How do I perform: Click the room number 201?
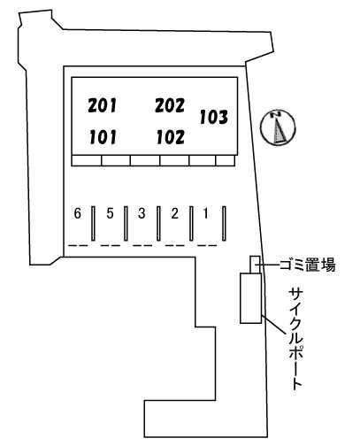[103, 105]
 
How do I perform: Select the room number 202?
[170, 105]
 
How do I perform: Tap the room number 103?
[214, 117]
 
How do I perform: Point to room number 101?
[103, 137]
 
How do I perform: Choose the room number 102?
[171, 137]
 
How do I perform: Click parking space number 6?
[77, 213]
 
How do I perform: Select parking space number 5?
[110, 213]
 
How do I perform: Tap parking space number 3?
[142, 213]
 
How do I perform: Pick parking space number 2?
[175, 213]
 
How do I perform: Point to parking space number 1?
[206, 213]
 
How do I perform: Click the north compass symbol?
[278, 127]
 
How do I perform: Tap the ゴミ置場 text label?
[307, 265]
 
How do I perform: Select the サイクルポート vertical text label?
[295, 339]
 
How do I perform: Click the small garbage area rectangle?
[255, 265]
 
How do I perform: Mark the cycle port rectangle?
[250, 298]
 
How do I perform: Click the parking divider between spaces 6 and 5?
[93, 223]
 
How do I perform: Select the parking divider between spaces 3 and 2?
[158, 223]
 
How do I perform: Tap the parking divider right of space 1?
[224, 223]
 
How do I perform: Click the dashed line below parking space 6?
[78, 245]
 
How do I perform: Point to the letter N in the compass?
[277, 113]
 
